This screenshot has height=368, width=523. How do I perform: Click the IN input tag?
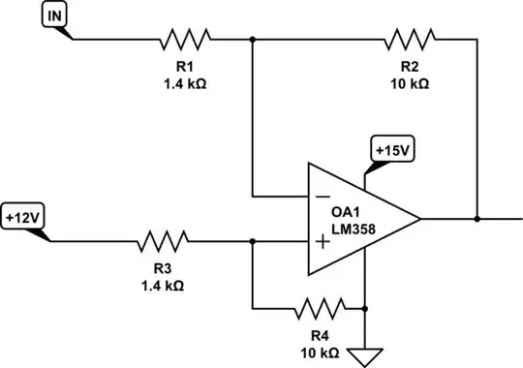(x=56, y=16)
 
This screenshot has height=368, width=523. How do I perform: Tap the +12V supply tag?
(x=23, y=216)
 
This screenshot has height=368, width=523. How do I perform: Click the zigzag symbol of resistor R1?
(x=185, y=40)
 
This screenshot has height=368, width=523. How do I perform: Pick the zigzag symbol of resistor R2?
(x=410, y=40)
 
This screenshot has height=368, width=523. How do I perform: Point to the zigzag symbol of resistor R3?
(x=164, y=239)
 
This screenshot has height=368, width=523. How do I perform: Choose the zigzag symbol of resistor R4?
(x=319, y=309)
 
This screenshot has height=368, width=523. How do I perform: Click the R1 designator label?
(x=185, y=66)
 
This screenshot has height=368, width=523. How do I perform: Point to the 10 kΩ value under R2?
(x=410, y=83)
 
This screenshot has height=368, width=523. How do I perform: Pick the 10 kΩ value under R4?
(x=319, y=353)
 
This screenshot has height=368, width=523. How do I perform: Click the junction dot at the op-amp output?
(x=477, y=219)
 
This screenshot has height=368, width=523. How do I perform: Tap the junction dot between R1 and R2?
(x=252, y=40)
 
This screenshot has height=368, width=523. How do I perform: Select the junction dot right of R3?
(x=252, y=239)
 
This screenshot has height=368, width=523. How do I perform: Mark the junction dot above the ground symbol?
(x=364, y=309)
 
